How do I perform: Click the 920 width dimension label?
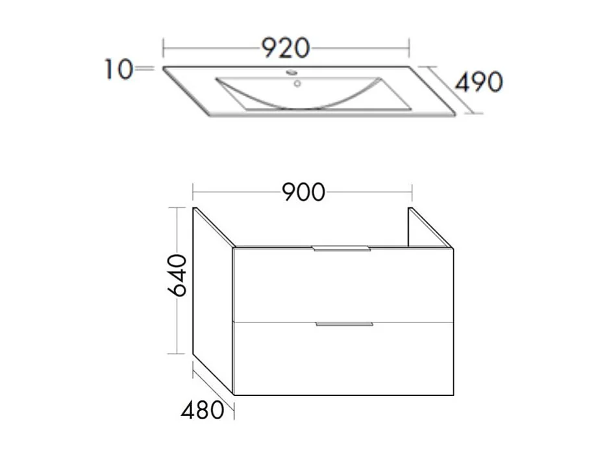click(x=285, y=47)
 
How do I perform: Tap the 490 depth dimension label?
click(x=478, y=83)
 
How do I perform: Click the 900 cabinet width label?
click(x=303, y=192)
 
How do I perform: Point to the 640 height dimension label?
click(x=177, y=276)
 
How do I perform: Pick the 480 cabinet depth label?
click(x=202, y=411)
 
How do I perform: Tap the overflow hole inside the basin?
click(x=297, y=83)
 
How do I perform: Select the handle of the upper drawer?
click(x=342, y=249)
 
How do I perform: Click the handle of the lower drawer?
click(x=344, y=323)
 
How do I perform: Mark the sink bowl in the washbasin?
click(x=299, y=94)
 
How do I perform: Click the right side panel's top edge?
click(x=429, y=227)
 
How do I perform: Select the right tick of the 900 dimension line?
click(x=412, y=192)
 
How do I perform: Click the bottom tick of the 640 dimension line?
click(x=177, y=354)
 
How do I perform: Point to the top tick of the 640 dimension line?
click(x=177, y=207)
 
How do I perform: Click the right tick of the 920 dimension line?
click(x=408, y=47)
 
